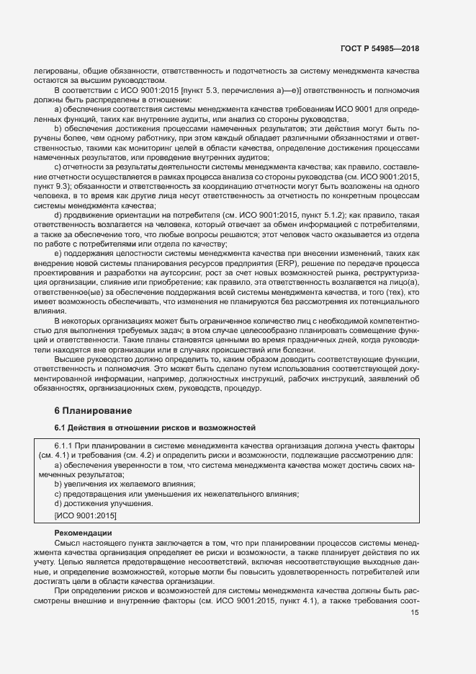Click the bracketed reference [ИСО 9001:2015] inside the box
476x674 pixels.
[x=85, y=515]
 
